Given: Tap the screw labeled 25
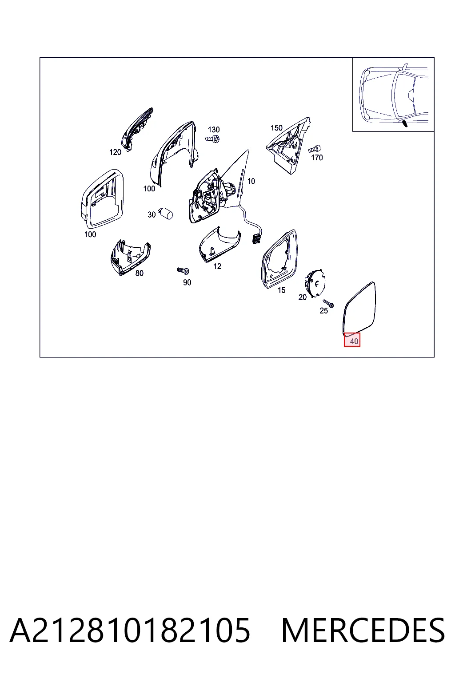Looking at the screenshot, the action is [329, 303].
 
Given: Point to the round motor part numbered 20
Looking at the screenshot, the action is [315, 282].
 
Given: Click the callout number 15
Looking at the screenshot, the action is [281, 290].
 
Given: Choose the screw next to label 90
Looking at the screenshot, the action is [183, 270].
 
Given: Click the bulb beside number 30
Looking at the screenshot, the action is [166, 213].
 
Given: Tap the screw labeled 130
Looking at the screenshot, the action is [213, 139].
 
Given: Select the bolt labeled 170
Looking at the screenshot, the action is [315, 149].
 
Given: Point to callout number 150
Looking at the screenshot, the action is [276, 128].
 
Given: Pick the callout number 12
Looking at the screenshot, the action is [217, 266].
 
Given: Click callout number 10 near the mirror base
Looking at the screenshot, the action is [251, 181].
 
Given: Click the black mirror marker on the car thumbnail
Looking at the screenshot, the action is [405, 123].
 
